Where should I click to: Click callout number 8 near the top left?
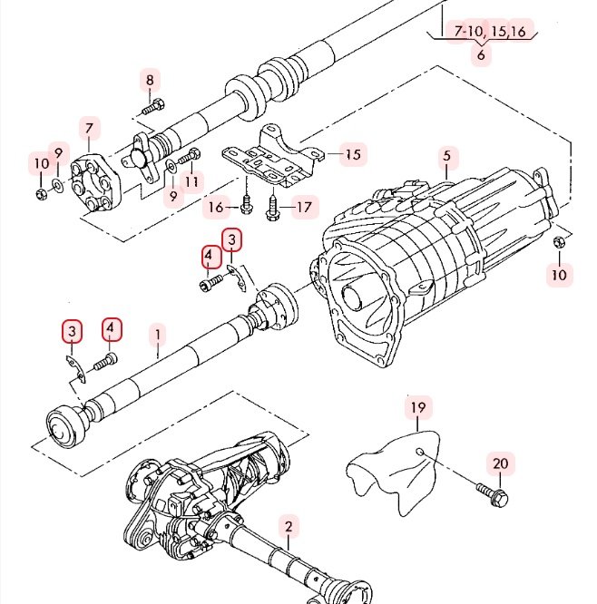pyautogui.click(x=151, y=80)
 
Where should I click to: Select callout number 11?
pyautogui.click(x=191, y=181)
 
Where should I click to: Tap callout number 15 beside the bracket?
pyautogui.click(x=352, y=154)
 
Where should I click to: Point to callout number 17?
pyautogui.click(x=303, y=208)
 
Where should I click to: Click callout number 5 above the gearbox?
pyautogui.click(x=446, y=156)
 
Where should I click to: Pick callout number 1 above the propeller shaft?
pyautogui.click(x=157, y=334)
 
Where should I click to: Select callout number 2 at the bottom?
pyautogui.click(x=288, y=526)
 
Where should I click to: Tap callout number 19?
pyautogui.click(x=417, y=408)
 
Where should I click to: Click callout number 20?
pyautogui.click(x=501, y=463)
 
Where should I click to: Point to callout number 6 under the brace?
pyautogui.click(x=481, y=54)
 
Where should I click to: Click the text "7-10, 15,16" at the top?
pyautogui.click(x=490, y=32)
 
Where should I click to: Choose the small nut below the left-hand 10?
pyautogui.click(x=41, y=193)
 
